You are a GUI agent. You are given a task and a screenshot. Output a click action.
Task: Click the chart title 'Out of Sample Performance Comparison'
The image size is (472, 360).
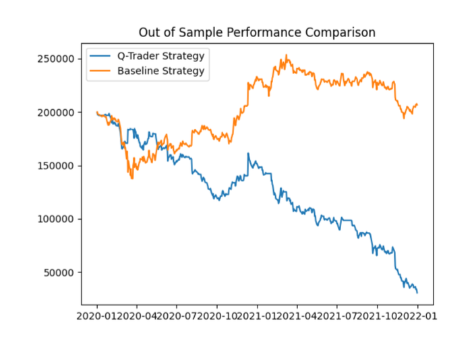tap(257, 32)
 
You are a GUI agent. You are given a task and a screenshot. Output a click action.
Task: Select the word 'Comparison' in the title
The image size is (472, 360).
tap(345, 32)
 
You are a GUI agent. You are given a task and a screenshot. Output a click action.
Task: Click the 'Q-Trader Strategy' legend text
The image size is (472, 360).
tap(160, 55)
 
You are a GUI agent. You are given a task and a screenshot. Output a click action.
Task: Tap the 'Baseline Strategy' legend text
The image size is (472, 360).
tap(160, 70)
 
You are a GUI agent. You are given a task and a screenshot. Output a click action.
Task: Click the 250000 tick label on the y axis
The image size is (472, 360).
tap(55, 59)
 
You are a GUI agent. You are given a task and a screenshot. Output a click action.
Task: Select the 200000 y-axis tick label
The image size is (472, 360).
tap(55, 112)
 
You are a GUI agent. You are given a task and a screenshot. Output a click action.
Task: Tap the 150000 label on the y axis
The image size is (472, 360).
tap(55, 166)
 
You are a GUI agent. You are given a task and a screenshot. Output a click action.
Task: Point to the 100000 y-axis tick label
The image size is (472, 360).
tap(55, 219)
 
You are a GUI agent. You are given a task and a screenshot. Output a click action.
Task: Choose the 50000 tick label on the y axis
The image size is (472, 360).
tap(58, 272)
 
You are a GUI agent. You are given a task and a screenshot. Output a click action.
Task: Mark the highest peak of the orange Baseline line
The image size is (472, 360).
tap(286, 55)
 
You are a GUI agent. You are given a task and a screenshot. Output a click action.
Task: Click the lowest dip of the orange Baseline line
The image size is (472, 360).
tap(131, 179)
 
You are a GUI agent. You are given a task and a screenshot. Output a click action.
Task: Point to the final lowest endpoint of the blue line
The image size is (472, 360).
tap(417, 293)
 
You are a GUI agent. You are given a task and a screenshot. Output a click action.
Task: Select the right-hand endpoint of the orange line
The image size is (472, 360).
tap(417, 104)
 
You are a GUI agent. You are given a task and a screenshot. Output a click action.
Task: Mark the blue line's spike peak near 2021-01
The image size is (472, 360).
tap(248, 153)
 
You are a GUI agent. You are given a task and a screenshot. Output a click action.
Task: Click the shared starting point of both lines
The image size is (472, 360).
tap(97, 113)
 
